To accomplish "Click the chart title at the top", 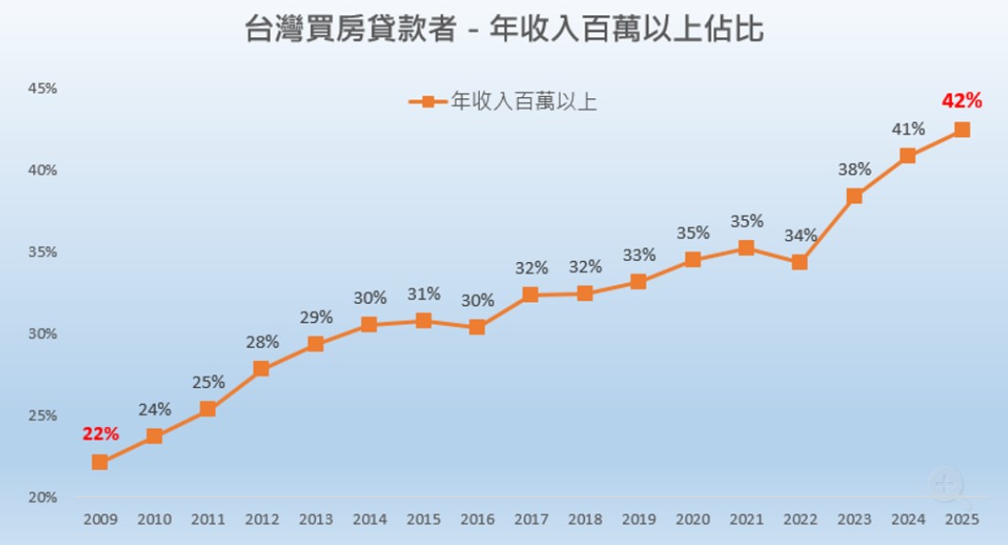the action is pos(504,29).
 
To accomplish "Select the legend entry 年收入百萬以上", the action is pos(503,101).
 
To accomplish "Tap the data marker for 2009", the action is pos(99,462).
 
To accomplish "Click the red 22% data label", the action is pos(100,434).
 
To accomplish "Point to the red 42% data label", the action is pos(961,100).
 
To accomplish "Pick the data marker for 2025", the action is pos(961,130).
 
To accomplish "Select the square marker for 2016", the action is pos(477,328).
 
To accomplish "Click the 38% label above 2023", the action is pos(854,170).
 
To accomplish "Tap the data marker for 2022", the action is pos(800,262).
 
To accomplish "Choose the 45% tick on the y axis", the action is pos(42,89).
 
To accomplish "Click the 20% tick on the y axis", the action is pos(42,497).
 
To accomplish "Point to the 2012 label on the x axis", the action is pos(261,519).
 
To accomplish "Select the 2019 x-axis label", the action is pos(638,519).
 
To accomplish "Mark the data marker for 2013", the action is pos(315,344).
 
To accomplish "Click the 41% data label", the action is pos(908,129).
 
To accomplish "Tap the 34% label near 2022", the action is pos(800,235).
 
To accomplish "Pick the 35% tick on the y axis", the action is pos(42,252).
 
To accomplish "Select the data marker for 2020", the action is pos(692,259).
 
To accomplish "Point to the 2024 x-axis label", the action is pos(908,519).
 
